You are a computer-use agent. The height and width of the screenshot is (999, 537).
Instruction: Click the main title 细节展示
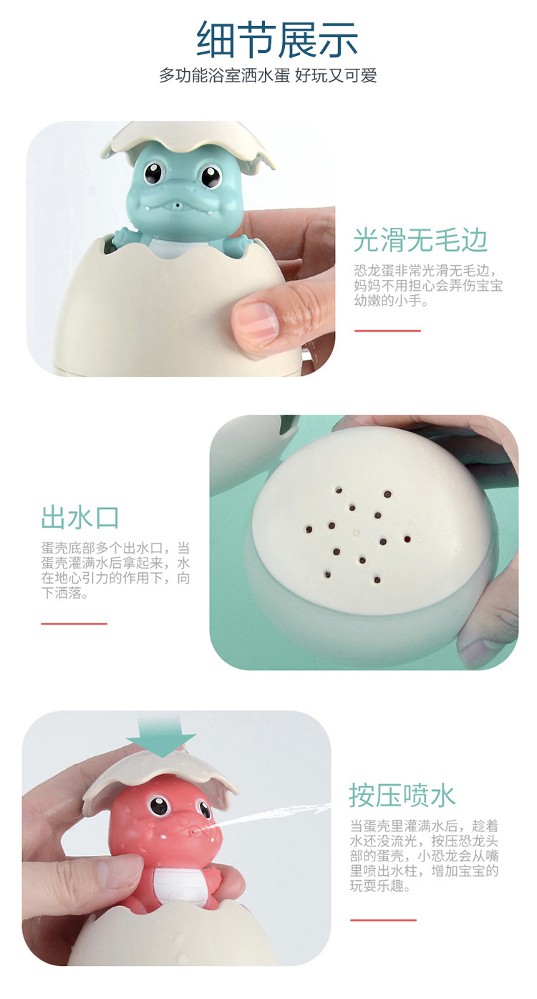point(277,39)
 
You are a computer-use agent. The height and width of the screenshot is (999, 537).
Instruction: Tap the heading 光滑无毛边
point(420,240)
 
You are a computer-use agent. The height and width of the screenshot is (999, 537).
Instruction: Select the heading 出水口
point(80,517)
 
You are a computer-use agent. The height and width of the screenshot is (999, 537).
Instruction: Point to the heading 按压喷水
point(402,795)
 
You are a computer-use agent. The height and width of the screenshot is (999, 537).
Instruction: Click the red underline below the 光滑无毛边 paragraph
point(387,331)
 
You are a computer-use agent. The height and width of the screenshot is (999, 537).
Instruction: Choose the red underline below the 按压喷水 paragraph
point(383,920)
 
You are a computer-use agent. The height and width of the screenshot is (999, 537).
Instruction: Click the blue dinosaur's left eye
point(154,173)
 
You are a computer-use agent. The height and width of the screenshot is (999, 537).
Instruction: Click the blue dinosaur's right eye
point(210,175)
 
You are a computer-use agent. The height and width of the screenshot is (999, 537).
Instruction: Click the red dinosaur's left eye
point(158,808)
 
